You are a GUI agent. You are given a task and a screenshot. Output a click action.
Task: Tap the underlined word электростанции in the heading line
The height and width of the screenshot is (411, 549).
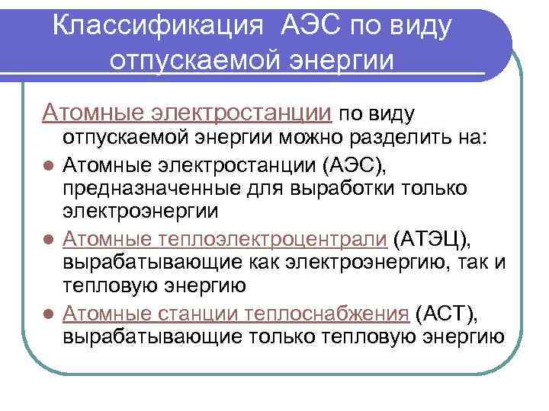(x=241, y=113)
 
